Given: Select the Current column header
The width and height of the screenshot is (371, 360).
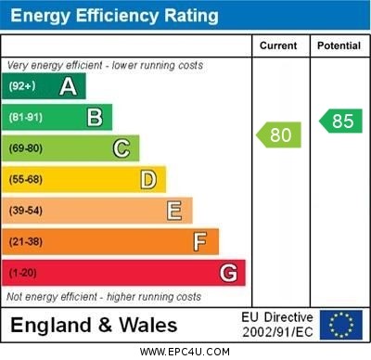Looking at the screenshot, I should tap(278, 45).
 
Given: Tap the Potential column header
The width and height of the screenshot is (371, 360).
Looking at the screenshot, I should tap(339, 45).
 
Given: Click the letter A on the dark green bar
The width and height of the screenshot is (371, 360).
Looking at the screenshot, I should tap(68, 86).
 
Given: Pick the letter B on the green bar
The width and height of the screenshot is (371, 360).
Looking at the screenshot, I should tap(95, 117).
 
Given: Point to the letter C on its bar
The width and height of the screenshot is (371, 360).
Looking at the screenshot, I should tap(122, 148).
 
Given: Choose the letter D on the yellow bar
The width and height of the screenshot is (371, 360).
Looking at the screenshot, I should tap(148, 179).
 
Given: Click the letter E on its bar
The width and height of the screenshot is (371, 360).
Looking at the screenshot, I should tap(174, 211).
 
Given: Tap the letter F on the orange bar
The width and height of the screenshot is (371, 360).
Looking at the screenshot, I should tap(200, 242).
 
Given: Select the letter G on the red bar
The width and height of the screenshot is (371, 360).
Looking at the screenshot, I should tap(228, 273).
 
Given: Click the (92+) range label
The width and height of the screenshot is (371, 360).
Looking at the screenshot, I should tap(23, 86).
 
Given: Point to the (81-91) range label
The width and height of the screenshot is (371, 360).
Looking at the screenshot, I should tap(27, 117).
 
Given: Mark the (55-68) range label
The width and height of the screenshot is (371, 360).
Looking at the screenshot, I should tap(27, 179).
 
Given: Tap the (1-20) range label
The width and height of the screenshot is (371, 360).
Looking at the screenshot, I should tap(23, 273).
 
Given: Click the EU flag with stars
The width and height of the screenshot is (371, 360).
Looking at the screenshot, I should tap(341, 325).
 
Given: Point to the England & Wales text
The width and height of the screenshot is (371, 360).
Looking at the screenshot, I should tap(94, 325).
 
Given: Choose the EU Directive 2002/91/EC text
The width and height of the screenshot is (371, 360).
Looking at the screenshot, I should tap(277, 325).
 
